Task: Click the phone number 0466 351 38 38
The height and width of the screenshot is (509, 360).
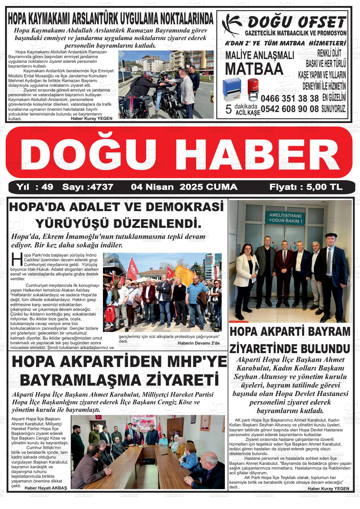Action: pos(290,98)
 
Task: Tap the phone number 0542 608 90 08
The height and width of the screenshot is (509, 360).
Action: pos(290,109)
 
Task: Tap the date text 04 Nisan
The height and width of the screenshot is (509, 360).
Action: pos(152,187)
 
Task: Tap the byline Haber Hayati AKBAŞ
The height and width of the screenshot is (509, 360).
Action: pos(46,488)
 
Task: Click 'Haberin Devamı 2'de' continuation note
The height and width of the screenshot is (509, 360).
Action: pos(199,343)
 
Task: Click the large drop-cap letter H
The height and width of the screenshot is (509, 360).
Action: pos(16,259)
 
